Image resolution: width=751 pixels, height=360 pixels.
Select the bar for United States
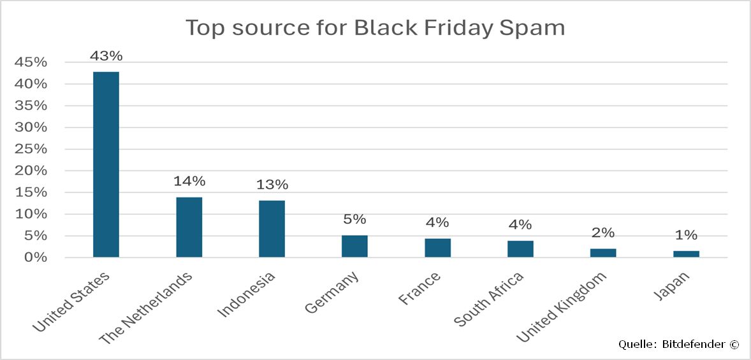(x=106, y=164)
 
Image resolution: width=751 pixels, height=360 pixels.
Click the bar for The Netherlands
(x=189, y=227)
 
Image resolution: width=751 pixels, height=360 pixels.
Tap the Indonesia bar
(x=272, y=229)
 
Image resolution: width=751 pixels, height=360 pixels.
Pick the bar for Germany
(x=354, y=247)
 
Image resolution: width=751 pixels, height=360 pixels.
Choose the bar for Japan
(x=686, y=254)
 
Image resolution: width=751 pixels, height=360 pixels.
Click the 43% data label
(x=106, y=56)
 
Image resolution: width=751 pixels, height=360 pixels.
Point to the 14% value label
(x=189, y=182)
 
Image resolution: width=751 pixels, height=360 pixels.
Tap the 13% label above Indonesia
(x=272, y=185)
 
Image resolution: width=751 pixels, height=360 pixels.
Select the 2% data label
(x=603, y=233)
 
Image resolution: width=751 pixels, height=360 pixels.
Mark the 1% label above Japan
(x=686, y=235)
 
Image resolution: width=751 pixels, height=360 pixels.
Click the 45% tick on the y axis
(x=31, y=62)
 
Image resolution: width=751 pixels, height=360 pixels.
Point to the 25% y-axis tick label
(x=31, y=149)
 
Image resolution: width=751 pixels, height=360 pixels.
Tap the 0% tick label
(x=36, y=257)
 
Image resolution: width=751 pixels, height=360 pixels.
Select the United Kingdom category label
(x=562, y=306)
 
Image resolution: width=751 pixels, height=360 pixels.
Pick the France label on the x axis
(x=418, y=289)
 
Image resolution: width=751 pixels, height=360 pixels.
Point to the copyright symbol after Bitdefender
(x=734, y=344)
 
